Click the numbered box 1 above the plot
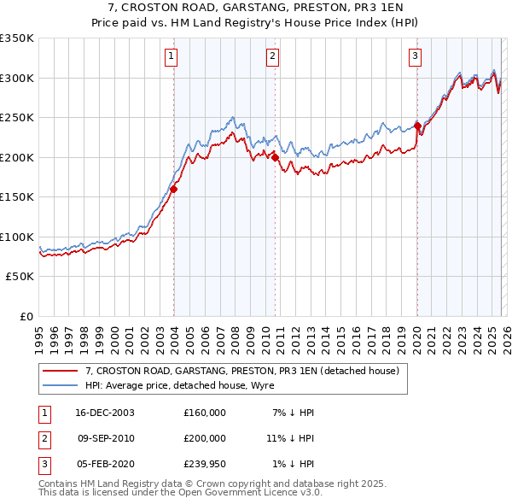click(172, 57)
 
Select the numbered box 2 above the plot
click(272, 57)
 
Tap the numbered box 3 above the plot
click(415, 57)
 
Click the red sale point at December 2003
click(173, 190)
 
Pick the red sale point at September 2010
click(275, 157)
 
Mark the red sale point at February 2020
click(417, 126)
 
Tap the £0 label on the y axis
click(26, 317)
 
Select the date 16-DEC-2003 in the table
click(105, 413)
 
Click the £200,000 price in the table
click(205, 438)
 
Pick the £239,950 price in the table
click(205, 464)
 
